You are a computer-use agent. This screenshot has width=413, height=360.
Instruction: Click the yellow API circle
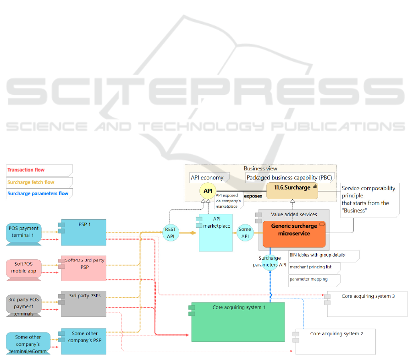click(x=208, y=191)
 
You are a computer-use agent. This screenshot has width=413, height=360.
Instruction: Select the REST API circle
click(x=171, y=233)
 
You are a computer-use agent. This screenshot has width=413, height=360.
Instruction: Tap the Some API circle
click(x=245, y=233)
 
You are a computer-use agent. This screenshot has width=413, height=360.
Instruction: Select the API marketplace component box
click(x=215, y=232)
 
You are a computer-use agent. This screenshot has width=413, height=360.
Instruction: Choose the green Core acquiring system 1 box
click(x=238, y=322)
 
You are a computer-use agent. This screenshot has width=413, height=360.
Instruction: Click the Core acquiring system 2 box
click(x=336, y=341)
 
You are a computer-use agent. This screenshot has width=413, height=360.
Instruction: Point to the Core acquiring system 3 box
click(x=367, y=304)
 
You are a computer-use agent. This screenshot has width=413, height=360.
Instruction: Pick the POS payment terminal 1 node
click(x=24, y=232)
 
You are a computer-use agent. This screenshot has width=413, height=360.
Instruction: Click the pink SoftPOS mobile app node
click(x=24, y=268)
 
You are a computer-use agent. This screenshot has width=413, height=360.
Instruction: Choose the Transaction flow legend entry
click(x=39, y=170)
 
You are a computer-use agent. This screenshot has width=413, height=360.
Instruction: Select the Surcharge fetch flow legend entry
click(x=39, y=182)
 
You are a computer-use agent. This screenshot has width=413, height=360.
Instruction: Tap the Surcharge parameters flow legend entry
click(x=39, y=193)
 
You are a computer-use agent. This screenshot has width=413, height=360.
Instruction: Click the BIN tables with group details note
click(x=323, y=255)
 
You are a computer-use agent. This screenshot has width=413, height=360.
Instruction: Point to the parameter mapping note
click(x=314, y=279)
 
